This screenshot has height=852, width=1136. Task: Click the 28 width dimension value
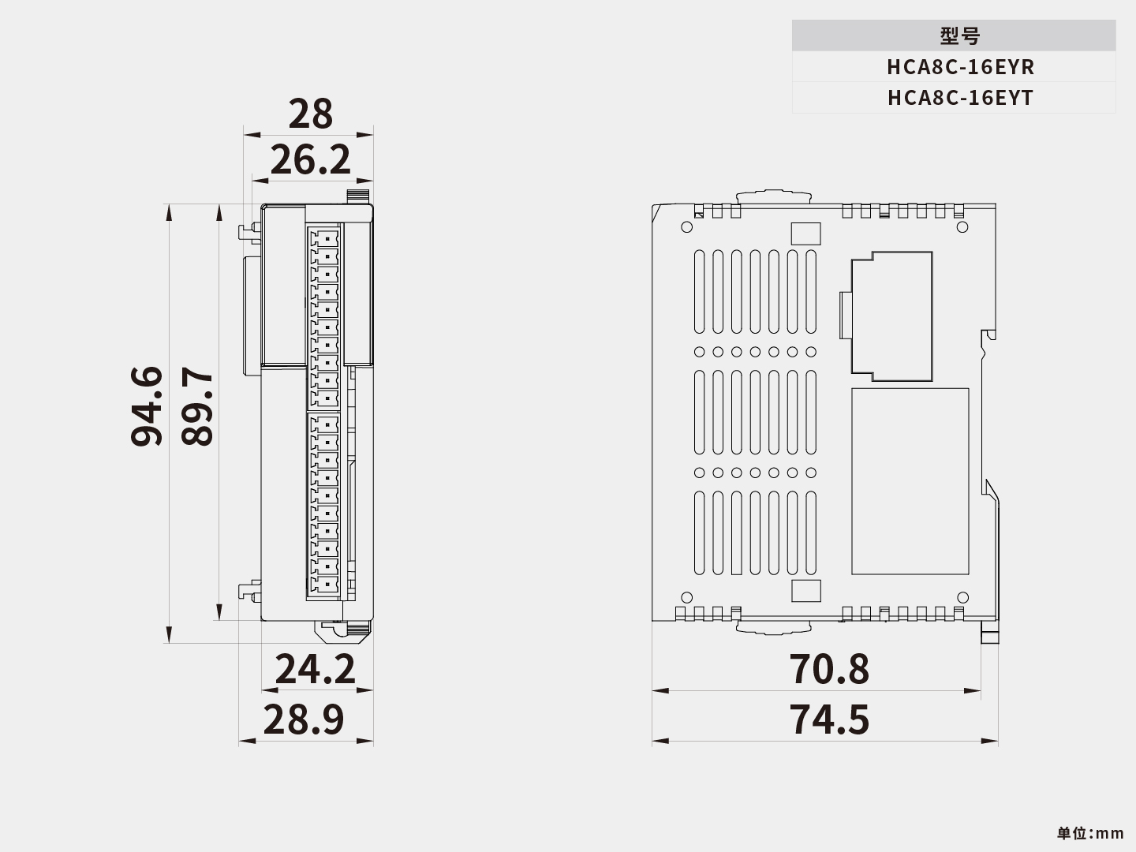click(x=310, y=114)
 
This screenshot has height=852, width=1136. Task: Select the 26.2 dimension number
click(x=310, y=160)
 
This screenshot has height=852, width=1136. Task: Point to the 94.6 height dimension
click(x=148, y=406)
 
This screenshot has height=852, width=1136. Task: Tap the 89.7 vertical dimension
click(x=197, y=406)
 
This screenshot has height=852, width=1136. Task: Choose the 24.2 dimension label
click(x=315, y=669)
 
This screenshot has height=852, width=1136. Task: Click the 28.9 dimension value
click(x=304, y=719)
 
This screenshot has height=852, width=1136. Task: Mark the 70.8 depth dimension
click(x=829, y=669)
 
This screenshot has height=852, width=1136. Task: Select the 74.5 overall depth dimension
click(x=829, y=719)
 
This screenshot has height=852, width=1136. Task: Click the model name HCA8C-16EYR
click(x=960, y=67)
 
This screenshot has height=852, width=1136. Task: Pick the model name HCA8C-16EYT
click(x=960, y=98)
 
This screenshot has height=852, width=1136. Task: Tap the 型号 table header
click(x=960, y=36)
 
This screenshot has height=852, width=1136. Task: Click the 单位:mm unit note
click(x=1090, y=833)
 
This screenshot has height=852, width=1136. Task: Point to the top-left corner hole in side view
click(x=686, y=227)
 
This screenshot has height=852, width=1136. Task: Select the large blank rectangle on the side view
click(x=910, y=481)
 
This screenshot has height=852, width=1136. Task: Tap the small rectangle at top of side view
click(x=805, y=234)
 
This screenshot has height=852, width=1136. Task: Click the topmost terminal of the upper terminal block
click(x=325, y=237)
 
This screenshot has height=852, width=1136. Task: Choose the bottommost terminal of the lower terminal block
click(x=325, y=584)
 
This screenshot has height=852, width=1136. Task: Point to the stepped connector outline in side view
click(x=890, y=312)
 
